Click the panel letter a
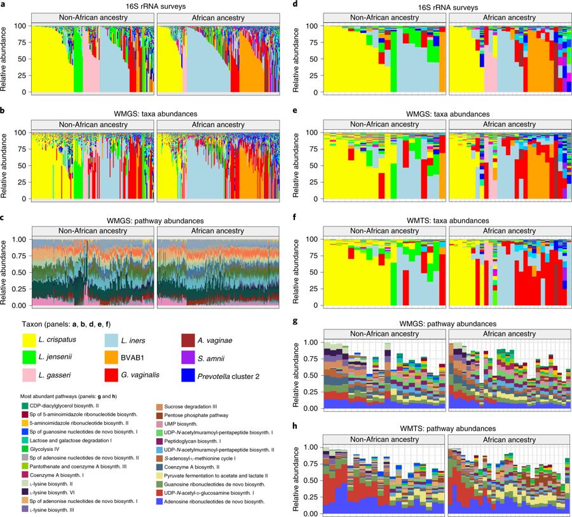(3, 4)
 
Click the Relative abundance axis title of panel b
(6, 167)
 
